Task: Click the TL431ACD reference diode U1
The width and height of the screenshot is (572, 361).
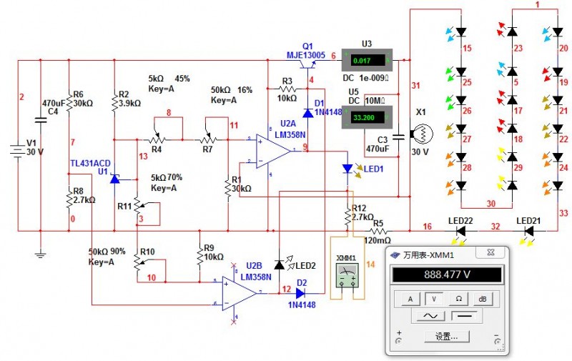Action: click(x=114, y=178)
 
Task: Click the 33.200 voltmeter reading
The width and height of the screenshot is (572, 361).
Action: click(x=363, y=117)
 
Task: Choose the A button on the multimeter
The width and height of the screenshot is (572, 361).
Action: click(x=410, y=299)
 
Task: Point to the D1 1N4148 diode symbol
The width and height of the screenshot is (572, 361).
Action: click(x=307, y=112)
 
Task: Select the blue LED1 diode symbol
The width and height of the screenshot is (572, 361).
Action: click(x=347, y=169)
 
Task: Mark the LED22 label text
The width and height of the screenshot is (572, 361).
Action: click(x=460, y=219)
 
